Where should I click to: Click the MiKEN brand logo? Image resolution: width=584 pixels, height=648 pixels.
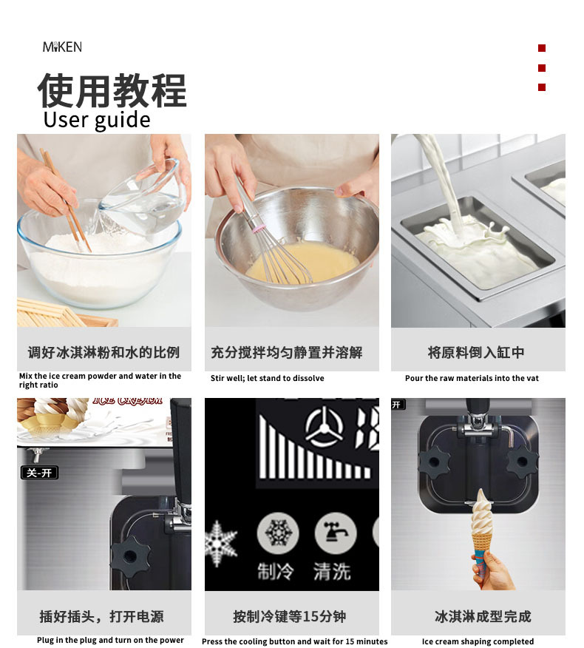(x=62, y=47)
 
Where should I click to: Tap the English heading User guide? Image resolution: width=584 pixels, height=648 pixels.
(x=97, y=120)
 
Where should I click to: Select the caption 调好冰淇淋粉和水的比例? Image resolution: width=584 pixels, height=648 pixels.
(x=103, y=352)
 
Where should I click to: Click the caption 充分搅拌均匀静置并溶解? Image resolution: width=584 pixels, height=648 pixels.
(x=287, y=352)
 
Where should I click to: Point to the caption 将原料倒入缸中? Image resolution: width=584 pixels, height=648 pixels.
(x=476, y=352)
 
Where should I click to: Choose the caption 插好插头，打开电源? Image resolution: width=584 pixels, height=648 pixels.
(x=102, y=616)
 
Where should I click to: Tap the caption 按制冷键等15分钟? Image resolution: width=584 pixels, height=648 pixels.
(x=290, y=616)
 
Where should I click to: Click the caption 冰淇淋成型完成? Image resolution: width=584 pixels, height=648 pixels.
(x=483, y=616)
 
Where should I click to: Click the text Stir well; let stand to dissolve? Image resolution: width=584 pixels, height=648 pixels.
(x=267, y=378)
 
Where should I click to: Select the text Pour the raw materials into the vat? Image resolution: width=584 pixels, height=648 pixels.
(x=472, y=378)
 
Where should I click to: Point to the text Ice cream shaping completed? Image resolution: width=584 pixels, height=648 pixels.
(x=478, y=641)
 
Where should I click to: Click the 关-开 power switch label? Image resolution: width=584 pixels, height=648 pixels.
(x=39, y=473)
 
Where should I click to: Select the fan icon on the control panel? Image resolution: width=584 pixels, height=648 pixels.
(x=324, y=428)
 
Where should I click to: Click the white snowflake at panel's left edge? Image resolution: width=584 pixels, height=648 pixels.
(x=220, y=544)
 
